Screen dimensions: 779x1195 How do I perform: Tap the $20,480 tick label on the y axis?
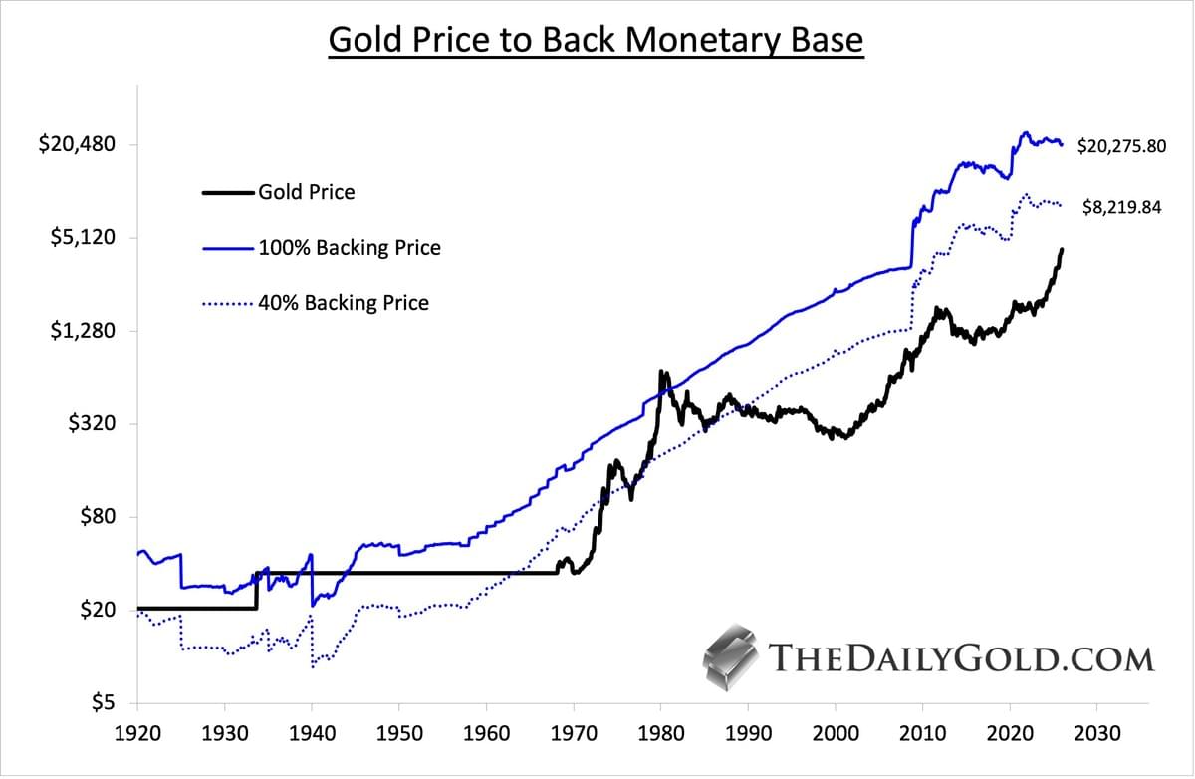[77, 144]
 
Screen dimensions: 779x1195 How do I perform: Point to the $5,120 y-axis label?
[83, 238]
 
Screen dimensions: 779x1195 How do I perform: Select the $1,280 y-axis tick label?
[83, 331]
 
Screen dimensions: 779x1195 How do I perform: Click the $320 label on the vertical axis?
[93, 424]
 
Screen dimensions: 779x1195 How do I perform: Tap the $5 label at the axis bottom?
[103, 703]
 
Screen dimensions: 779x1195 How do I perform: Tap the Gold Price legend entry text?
[306, 192]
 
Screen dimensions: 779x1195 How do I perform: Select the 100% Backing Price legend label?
[349, 247]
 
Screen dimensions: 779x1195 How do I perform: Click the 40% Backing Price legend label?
[344, 302]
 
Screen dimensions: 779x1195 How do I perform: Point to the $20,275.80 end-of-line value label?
[1121, 147]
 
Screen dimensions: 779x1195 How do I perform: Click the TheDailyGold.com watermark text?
[962, 658]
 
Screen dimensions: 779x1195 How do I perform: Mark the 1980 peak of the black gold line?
[661, 373]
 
